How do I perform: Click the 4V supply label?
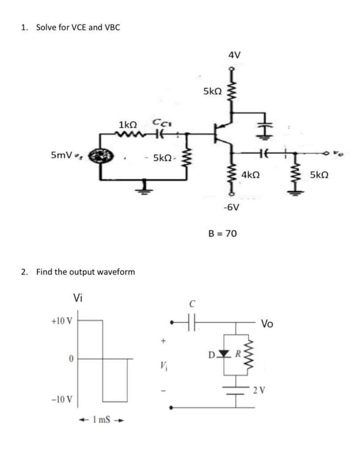point(234,55)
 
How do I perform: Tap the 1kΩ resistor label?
point(128,123)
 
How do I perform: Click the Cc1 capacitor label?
point(159,122)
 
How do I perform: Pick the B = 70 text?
point(223,233)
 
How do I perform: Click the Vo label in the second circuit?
point(268,323)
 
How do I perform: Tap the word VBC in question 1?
point(112,27)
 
